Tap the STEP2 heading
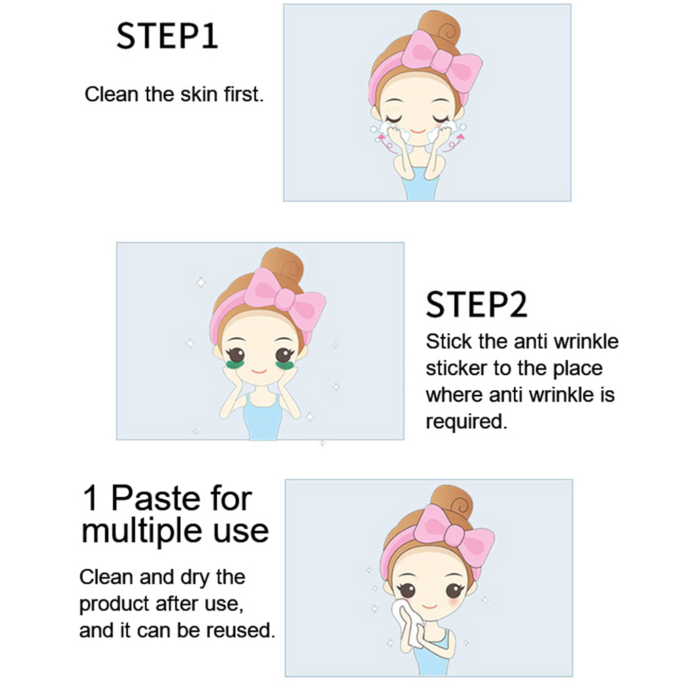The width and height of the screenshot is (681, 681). coord(476,304)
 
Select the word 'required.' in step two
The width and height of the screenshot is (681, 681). coord(466,421)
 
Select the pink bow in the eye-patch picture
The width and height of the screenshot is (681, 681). coord(285,298)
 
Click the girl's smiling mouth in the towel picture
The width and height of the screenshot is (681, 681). coord(429,606)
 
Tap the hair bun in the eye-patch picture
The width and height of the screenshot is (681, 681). coord(282,265)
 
